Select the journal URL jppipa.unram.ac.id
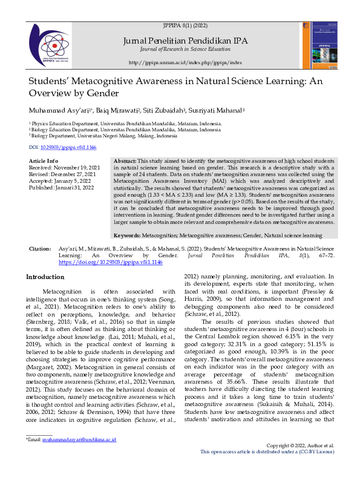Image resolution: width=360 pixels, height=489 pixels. coord(185,62)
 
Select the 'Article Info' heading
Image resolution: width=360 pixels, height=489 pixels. coord(44,160)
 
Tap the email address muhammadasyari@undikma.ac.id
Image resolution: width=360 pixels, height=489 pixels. coord(78,456)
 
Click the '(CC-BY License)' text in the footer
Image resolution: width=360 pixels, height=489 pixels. coord(312,468)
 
